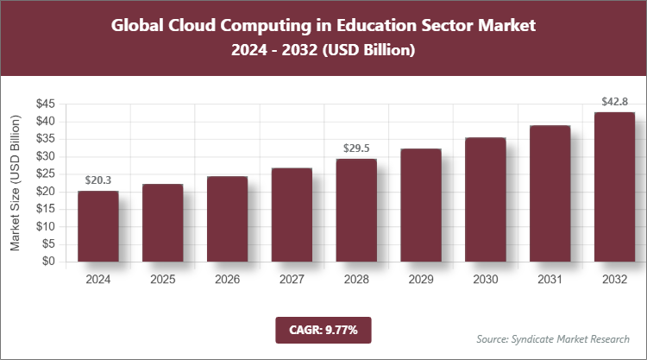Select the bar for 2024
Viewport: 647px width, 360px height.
97,226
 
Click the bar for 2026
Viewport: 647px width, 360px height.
227,219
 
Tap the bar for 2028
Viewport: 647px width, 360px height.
356,210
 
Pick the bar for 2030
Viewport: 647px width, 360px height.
486,199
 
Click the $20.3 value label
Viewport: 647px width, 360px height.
97,180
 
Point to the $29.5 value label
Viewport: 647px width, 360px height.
356,148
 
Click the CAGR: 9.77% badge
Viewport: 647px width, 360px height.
323,329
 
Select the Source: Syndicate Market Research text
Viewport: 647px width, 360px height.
552,338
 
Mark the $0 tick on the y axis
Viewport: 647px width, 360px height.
49,262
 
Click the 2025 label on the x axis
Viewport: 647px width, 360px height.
162,280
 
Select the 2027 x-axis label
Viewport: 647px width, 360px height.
292,280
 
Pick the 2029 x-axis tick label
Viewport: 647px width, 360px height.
421,280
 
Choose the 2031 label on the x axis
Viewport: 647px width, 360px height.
550,280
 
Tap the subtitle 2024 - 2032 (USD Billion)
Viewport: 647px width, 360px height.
323,51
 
